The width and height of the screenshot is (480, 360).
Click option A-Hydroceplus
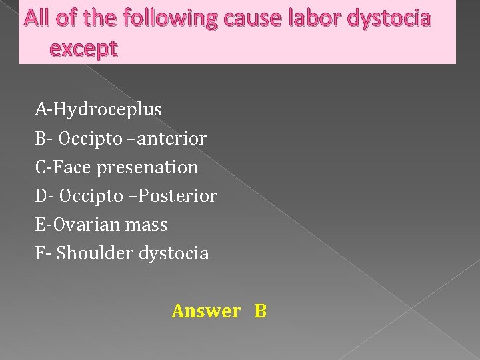click(99, 109)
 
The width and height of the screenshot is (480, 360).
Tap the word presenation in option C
click(147, 167)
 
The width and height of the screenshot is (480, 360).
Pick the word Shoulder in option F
click(93, 253)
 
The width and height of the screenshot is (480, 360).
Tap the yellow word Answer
click(206, 311)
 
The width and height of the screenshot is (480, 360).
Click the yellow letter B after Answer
click(260, 311)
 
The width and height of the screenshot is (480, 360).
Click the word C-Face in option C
click(64, 167)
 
